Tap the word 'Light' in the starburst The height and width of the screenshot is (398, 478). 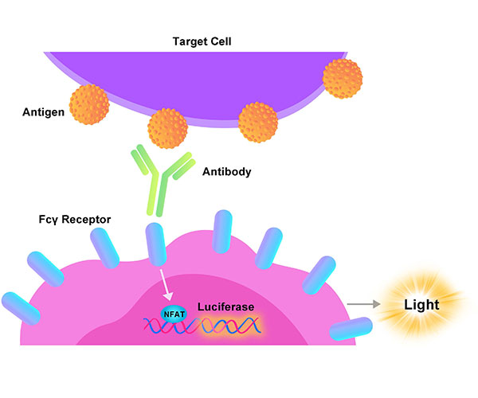[x=421, y=304]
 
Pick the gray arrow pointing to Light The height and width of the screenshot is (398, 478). [x=364, y=304]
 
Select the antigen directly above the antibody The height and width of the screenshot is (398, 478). [x=168, y=127]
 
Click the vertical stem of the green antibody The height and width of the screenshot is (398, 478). [x=155, y=197]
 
